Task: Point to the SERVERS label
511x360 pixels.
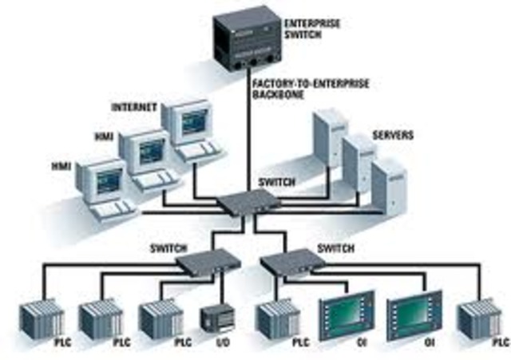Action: click(393, 136)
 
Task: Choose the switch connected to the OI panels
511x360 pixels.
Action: click(292, 261)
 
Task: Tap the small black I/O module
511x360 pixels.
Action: click(213, 318)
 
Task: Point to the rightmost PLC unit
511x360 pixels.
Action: click(481, 322)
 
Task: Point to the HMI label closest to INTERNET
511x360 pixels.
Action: click(105, 136)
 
